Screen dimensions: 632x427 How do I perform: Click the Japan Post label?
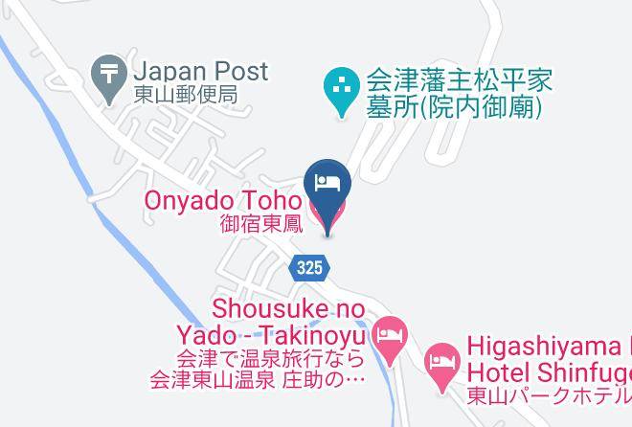pyautogui.click(x=200, y=71)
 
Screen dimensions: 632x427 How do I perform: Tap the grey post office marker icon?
pyautogui.click(x=104, y=72)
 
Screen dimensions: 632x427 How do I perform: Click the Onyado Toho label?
pyautogui.click(x=223, y=202)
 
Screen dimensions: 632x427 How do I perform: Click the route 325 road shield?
pyautogui.click(x=309, y=269)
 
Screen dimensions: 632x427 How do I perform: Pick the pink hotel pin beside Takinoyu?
pyautogui.click(x=389, y=337)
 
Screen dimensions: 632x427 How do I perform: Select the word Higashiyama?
pyautogui.click(x=547, y=343)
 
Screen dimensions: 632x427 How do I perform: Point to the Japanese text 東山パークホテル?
pyautogui.click(x=549, y=394)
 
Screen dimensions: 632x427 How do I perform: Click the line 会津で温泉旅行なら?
pyautogui.click(x=271, y=360)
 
